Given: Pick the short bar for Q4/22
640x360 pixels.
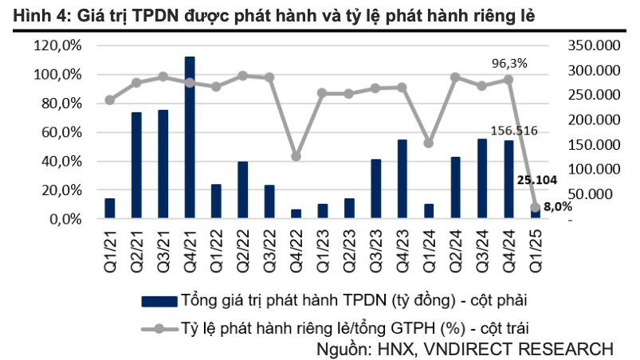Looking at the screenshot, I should click(296, 213).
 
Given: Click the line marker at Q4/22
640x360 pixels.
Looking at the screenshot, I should click(296, 156).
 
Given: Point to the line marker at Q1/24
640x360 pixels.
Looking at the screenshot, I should click(428, 143).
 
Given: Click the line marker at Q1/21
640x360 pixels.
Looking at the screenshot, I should click(110, 100).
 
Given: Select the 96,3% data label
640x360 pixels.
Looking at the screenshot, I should click(509, 62).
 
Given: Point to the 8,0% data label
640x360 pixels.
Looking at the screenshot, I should click(557, 206).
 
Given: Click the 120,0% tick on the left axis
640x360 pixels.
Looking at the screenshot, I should click(58, 45).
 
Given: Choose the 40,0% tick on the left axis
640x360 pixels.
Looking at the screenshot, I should click(61, 161).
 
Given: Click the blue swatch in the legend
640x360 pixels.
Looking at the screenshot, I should click(159, 301).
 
